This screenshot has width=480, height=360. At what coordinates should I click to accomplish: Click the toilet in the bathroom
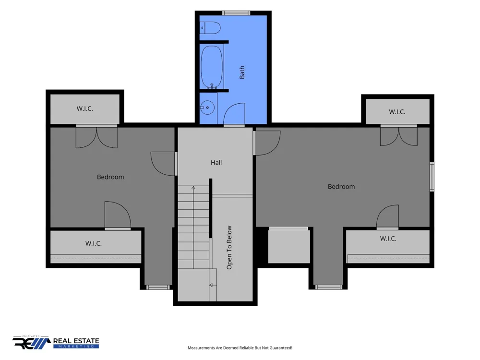coord(210,28)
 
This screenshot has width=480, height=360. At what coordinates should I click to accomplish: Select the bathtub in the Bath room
coord(212,67)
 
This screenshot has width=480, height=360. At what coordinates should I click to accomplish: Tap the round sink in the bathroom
coord(207,108)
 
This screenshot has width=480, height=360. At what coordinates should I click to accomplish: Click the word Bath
coord(242,72)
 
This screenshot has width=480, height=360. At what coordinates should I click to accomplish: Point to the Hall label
coord(216,163)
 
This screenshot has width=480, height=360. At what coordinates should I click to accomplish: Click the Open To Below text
coord(229,248)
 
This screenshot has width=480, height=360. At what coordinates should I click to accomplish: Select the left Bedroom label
coord(110,177)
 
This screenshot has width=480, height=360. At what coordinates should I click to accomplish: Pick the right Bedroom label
coord(341,186)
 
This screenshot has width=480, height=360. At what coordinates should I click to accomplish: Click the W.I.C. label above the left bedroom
coord(85,108)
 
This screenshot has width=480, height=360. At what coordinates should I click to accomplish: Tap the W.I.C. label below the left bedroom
coord(94,243)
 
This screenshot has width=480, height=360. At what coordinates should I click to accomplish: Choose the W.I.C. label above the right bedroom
coord(397,112)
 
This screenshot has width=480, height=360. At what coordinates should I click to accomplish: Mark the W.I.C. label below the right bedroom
coord(388,239)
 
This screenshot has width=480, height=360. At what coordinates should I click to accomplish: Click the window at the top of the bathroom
coord(236,13)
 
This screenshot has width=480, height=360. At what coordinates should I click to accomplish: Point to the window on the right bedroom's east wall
coord(432,177)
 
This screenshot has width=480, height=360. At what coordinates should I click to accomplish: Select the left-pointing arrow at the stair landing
coord(213,285)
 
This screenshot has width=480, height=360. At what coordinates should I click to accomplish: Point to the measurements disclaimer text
coord(240,348)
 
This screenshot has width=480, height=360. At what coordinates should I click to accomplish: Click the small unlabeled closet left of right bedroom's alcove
coord(289,246)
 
